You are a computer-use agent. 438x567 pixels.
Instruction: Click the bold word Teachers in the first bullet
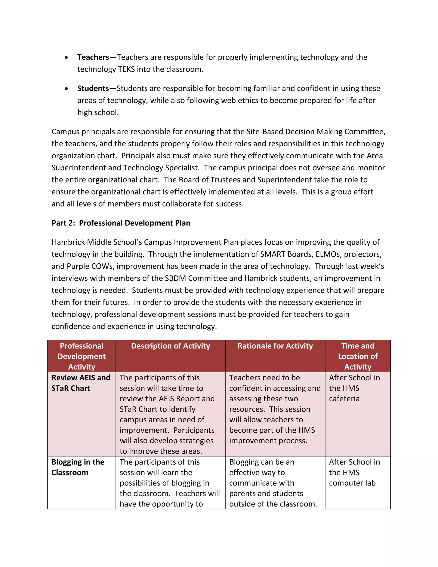93,57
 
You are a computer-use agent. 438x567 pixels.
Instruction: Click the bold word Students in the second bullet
93,88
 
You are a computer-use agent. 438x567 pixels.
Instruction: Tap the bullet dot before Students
67,89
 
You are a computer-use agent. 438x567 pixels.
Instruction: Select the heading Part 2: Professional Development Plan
121,223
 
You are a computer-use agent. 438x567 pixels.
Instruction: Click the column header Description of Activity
170,346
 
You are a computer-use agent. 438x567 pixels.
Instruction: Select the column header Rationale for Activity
275,346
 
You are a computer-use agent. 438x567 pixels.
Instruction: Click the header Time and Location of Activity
358,356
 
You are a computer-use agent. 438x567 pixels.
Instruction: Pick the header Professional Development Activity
81,356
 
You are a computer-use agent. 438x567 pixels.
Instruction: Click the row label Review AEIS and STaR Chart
81,383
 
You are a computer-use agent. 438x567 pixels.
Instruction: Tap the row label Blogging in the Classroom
78,467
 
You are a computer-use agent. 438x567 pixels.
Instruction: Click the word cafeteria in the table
344,399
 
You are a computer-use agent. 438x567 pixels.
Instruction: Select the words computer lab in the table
352,483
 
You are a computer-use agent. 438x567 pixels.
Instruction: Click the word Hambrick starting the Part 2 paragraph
68,242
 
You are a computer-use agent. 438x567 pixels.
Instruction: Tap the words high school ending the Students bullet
98,112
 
